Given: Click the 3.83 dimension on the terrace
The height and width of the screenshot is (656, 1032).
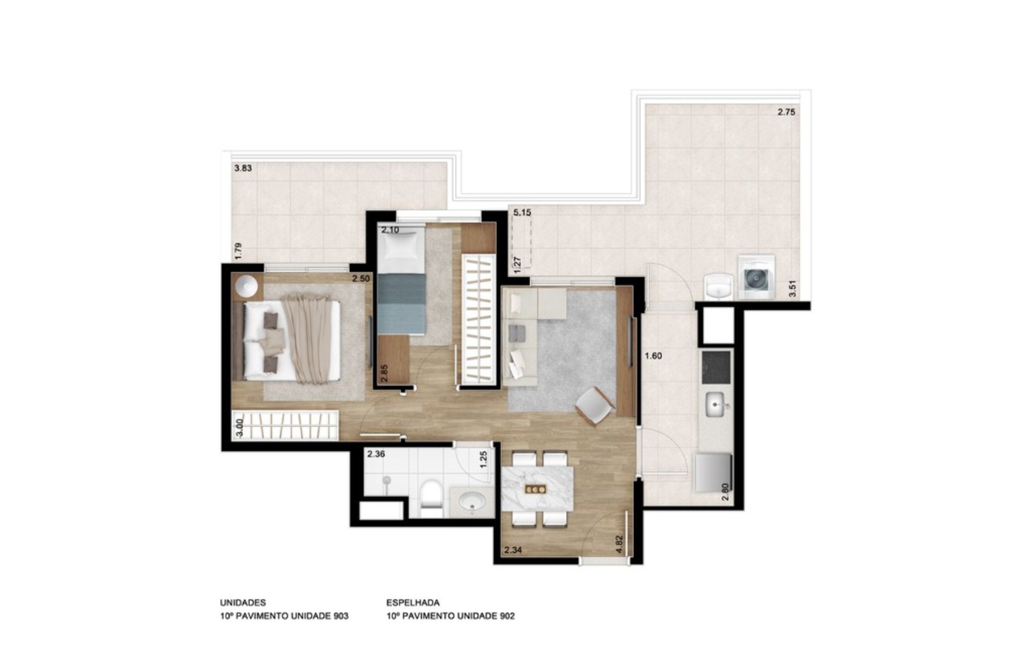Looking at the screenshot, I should coord(243,169).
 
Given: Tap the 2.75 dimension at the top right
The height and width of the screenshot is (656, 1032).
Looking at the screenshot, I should coord(786,112).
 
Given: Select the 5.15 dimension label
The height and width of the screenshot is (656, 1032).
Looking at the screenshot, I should coord(522,212).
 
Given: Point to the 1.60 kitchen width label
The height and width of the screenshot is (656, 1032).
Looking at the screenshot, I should coord(653,356).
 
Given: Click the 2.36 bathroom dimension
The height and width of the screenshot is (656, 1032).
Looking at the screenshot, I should coord(376,455).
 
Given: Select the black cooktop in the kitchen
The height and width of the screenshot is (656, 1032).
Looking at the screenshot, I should coord(716,366).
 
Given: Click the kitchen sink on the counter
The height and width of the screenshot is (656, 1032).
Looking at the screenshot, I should coord(716,404).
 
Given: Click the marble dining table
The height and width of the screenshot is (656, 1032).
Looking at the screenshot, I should coord(537,488).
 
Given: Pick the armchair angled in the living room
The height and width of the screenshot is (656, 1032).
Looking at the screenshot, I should coord(594,406).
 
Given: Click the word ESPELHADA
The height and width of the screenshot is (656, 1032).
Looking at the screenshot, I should coord(413,603).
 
